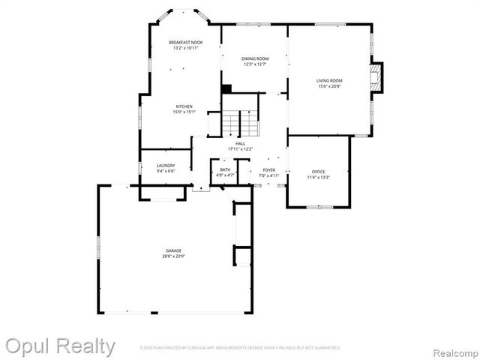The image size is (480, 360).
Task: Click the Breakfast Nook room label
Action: click(x=185, y=43)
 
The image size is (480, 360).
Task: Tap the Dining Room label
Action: click(x=255, y=58)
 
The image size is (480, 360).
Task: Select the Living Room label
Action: click(x=329, y=80)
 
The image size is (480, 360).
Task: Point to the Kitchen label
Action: click(x=184, y=106)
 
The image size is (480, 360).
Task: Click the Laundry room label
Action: click(x=166, y=166)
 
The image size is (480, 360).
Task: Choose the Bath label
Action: click(x=225, y=170)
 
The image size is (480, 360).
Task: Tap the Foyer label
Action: click(x=268, y=170)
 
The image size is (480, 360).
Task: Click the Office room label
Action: click(x=319, y=172)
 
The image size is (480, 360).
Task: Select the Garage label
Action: click(x=173, y=250)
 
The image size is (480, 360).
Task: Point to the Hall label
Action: click(x=240, y=143)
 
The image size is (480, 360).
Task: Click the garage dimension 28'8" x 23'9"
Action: click(x=173, y=256)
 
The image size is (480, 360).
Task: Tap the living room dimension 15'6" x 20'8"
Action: click(x=329, y=86)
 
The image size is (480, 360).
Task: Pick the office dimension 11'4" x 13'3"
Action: click(x=319, y=178)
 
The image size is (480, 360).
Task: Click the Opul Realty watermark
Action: click(x=60, y=346)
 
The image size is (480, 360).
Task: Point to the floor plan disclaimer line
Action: click(x=240, y=348)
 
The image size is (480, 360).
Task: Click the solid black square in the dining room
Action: click(x=226, y=88)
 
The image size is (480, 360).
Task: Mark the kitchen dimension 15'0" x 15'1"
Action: click(x=184, y=112)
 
